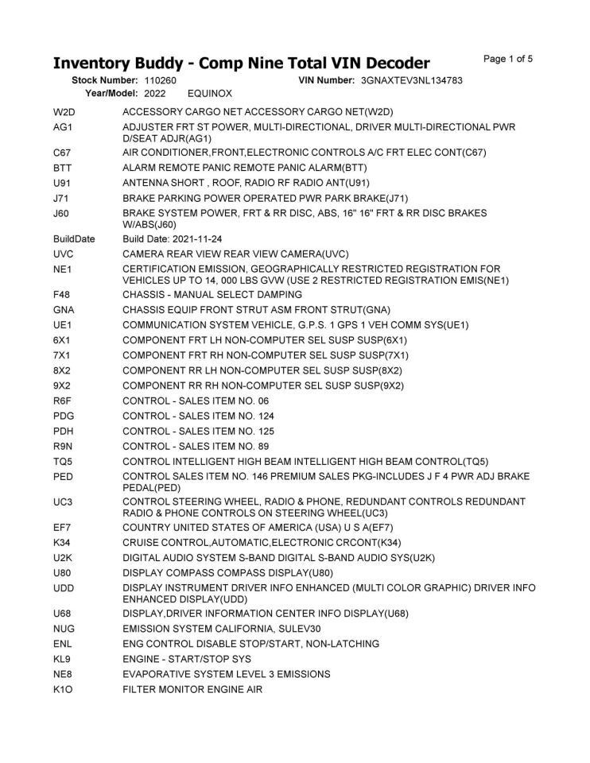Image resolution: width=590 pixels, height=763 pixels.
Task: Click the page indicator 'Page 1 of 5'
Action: tap(507, 59)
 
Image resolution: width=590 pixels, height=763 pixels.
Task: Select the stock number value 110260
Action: tap(161, 80)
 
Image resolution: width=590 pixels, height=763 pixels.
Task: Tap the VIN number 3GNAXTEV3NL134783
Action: tap(411, 80)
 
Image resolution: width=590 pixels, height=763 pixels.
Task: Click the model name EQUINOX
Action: tap(210, 93)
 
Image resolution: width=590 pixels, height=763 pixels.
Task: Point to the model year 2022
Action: tap(155, 93)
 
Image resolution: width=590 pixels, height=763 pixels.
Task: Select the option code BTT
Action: tap(63, 168)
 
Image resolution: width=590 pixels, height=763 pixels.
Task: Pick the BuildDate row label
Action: tap(74, 238)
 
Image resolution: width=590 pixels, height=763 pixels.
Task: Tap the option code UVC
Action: tap(64, 254)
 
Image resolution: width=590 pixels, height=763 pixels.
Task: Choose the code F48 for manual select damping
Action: tap(63, 294)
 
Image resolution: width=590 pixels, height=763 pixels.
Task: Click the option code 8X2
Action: tap(63, 370)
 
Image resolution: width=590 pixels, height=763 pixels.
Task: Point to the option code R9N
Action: tap(64, 446)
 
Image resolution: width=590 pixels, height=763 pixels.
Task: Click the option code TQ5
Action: tap(64, 461)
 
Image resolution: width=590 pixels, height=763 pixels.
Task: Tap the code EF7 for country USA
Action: tap(63, 527)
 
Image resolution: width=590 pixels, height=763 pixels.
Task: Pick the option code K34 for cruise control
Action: tap(63, 542)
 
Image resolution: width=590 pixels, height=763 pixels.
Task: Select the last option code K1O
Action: tap(64, 689)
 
